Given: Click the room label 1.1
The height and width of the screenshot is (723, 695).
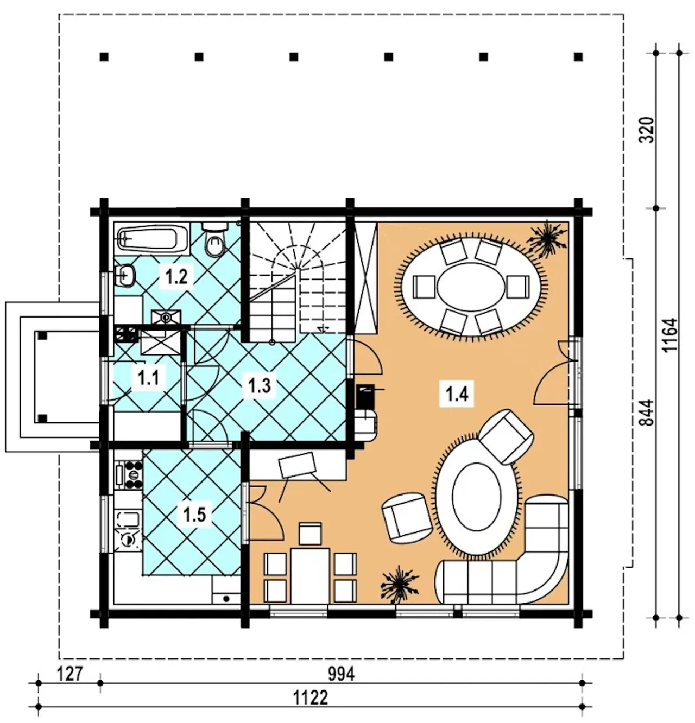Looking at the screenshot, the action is [148, 378].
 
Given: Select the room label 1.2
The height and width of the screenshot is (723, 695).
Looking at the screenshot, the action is [176, 277].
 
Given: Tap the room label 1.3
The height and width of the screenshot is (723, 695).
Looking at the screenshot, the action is [260, 385].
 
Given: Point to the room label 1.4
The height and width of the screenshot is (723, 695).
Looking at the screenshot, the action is [457, 394].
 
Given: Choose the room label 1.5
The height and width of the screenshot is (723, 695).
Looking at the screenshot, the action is [195, 515].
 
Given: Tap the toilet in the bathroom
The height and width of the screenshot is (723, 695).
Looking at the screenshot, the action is [214, 239].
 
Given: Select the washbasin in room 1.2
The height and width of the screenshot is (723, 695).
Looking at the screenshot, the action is [125, 275].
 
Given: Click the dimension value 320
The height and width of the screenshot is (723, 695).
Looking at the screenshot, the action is [647, 130].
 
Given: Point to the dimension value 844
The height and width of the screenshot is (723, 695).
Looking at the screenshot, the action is [647, 413].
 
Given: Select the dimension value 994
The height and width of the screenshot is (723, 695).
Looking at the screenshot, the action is [341, 674].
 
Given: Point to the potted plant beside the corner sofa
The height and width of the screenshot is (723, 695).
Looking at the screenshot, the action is [399, 585].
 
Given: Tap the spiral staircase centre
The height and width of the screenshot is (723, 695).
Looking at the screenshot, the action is [298, 268].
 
